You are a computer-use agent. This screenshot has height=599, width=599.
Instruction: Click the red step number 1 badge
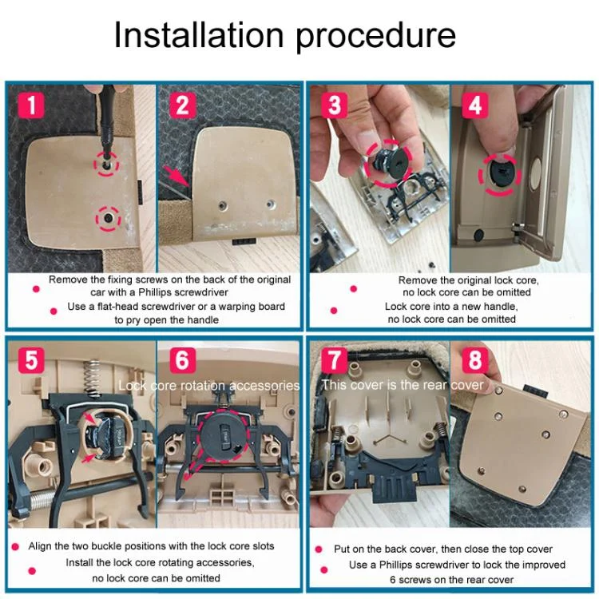[31, 105]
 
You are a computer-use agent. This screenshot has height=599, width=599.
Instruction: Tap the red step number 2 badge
[183, 105]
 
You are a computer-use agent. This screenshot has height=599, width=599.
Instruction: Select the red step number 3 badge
[335, 105]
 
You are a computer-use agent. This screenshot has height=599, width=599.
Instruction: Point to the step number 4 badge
[475, 105]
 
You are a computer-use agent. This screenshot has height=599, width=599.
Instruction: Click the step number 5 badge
[31, 360]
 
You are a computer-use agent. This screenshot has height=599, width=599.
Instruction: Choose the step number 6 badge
[183, 360]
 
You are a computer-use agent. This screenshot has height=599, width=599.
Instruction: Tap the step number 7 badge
[335, 360]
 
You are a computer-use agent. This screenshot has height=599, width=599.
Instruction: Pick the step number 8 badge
[475, 360]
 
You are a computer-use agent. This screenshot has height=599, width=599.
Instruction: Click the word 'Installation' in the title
[199, 34]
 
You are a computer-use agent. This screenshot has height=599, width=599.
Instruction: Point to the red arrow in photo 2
[177, 177]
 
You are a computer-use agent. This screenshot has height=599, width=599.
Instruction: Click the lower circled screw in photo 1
[109, 218]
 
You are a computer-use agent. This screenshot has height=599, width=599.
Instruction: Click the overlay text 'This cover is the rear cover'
[403, 385]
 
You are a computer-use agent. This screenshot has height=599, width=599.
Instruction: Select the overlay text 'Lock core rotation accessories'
[209, 386]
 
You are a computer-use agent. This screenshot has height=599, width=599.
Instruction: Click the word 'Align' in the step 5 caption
[40, 546]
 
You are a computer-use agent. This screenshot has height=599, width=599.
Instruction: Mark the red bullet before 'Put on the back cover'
[319, 549]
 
